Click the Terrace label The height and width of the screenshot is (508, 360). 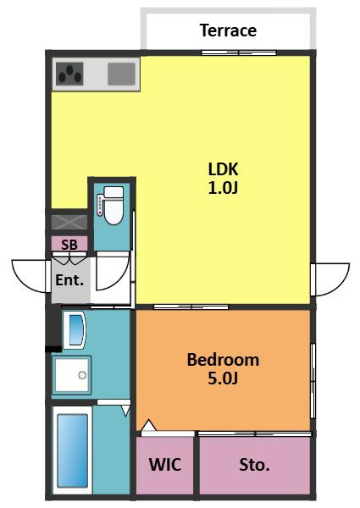pos(228,30)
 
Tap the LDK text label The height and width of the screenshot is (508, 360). pos(223,169)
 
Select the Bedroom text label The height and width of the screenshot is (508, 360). pos(223,360)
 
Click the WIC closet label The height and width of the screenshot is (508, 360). pos(165,465)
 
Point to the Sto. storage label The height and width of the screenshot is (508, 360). pos(254,465)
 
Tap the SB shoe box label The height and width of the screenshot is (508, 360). pos(69,245)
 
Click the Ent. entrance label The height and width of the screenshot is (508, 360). pos(69,279)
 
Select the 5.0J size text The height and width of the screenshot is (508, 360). pos(223,378)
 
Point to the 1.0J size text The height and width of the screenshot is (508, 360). pos(223,188)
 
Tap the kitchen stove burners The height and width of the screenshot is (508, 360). pos(69,74)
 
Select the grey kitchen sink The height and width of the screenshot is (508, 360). pos(121,74)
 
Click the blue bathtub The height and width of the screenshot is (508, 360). pos(73,450)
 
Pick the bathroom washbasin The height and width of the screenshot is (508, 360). pos(75,330)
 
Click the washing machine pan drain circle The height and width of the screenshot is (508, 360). pos(82,375)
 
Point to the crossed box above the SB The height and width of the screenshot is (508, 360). pos(69,222)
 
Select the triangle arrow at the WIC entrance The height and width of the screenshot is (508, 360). pos(149,425)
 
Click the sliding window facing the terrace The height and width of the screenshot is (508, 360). pos(239,52)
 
